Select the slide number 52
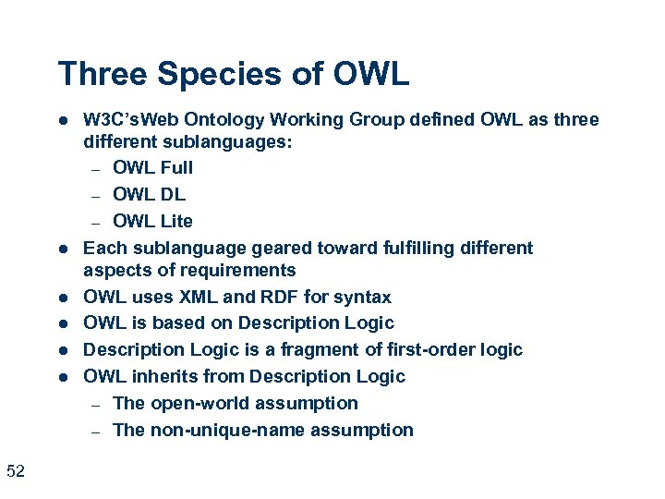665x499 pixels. pyautogui.click(x=15, y=472)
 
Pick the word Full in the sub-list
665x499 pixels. pyautogui.click(x=176, y=168)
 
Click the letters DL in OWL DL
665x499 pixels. pyautogui.click(x=173, y=194)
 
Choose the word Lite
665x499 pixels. pyautogui.click(x=175, y=221)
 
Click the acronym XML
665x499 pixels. pyautogui.click(x=203, y=298)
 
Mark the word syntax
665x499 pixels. pyautogui.click(x=363, y=298)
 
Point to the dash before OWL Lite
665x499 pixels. pyautogui.click(x=94, y=222)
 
